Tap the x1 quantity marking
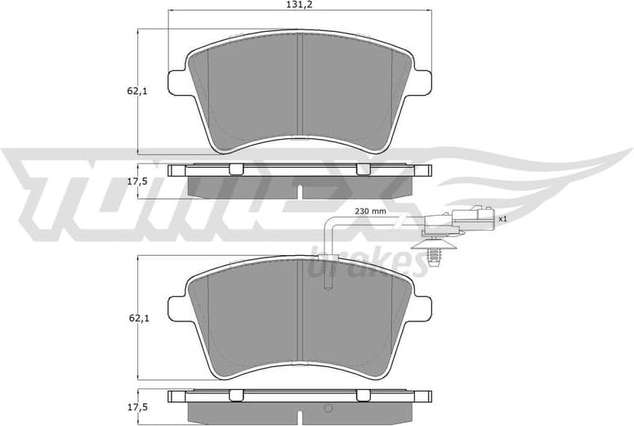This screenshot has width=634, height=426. coord(502,219)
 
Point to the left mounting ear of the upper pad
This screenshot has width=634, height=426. coord(176,83)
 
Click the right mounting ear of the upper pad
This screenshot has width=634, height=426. coord(423,83)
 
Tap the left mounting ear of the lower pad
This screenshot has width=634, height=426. coord(176,308)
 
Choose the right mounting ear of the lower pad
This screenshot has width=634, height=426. coord(423,308)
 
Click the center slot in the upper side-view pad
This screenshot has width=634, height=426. coord(300,191)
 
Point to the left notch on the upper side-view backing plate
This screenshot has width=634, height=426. coord(236,169)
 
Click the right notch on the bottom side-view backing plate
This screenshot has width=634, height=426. coord(363,396)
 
